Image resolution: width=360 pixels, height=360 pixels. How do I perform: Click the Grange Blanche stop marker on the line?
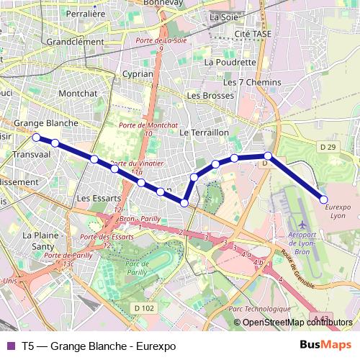37,137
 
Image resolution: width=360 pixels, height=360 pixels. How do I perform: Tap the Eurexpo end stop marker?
324,199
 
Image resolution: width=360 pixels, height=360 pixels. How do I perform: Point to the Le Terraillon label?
204,133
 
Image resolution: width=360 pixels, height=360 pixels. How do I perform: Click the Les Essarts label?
94,198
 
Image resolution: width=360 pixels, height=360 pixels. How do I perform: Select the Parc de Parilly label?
143,266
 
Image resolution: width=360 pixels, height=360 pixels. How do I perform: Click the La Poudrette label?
230,62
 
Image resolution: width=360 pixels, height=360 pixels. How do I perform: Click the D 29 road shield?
327,148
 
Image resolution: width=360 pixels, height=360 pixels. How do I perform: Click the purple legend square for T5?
10,346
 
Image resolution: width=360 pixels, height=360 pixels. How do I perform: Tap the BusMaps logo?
330,346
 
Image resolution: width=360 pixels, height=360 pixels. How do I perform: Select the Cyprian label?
138,73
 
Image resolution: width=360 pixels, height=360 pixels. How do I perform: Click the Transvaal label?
30,155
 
